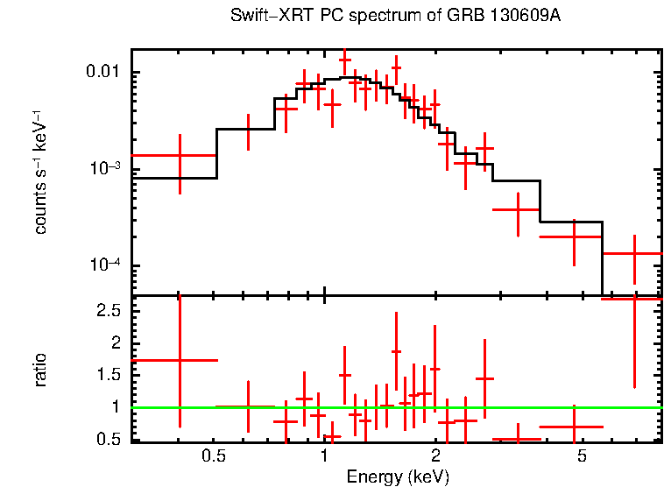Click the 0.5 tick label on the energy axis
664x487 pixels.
tap(213, 456)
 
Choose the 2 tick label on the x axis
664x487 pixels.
tap(435, 456)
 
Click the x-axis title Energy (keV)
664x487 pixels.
tap(398, 476)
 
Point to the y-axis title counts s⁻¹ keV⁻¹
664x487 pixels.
tap(40, 171)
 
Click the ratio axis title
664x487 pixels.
tap(40, 370)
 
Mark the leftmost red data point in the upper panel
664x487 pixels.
tap(180, 155)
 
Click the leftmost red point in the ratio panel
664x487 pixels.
tap(180, 360)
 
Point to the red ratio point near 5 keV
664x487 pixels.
tap(573, 427)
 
